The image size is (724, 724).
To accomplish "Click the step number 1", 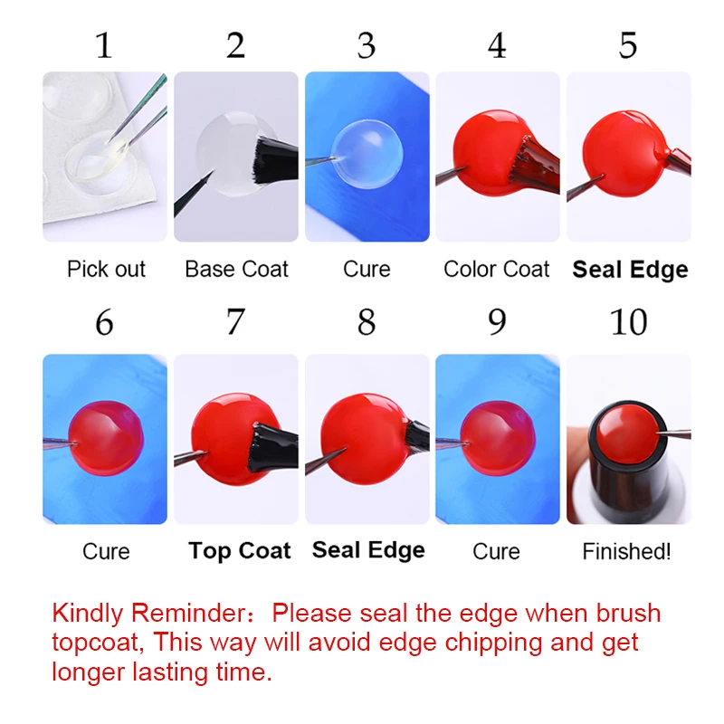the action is [104, 46].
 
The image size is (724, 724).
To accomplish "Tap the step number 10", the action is [628, 322].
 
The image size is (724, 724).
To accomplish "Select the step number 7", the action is [235, 322].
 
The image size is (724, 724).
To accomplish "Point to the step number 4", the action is [497, 46].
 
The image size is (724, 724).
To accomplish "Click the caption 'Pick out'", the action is [106, 269].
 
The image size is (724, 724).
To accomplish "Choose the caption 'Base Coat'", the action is [236, 269].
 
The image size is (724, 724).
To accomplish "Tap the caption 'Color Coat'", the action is [496, 269].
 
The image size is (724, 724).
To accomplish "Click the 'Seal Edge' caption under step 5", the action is [630, 270].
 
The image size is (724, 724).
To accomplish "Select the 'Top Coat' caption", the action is [240, 550].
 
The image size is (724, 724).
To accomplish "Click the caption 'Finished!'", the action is [626, 551].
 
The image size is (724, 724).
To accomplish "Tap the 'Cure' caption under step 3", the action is [367, 269].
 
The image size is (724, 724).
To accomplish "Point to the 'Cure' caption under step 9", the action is [496, 551].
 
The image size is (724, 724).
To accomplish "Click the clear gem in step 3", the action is [367, 154].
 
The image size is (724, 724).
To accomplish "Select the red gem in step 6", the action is [106, 438].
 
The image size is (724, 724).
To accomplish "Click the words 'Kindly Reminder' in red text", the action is [149, 614].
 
